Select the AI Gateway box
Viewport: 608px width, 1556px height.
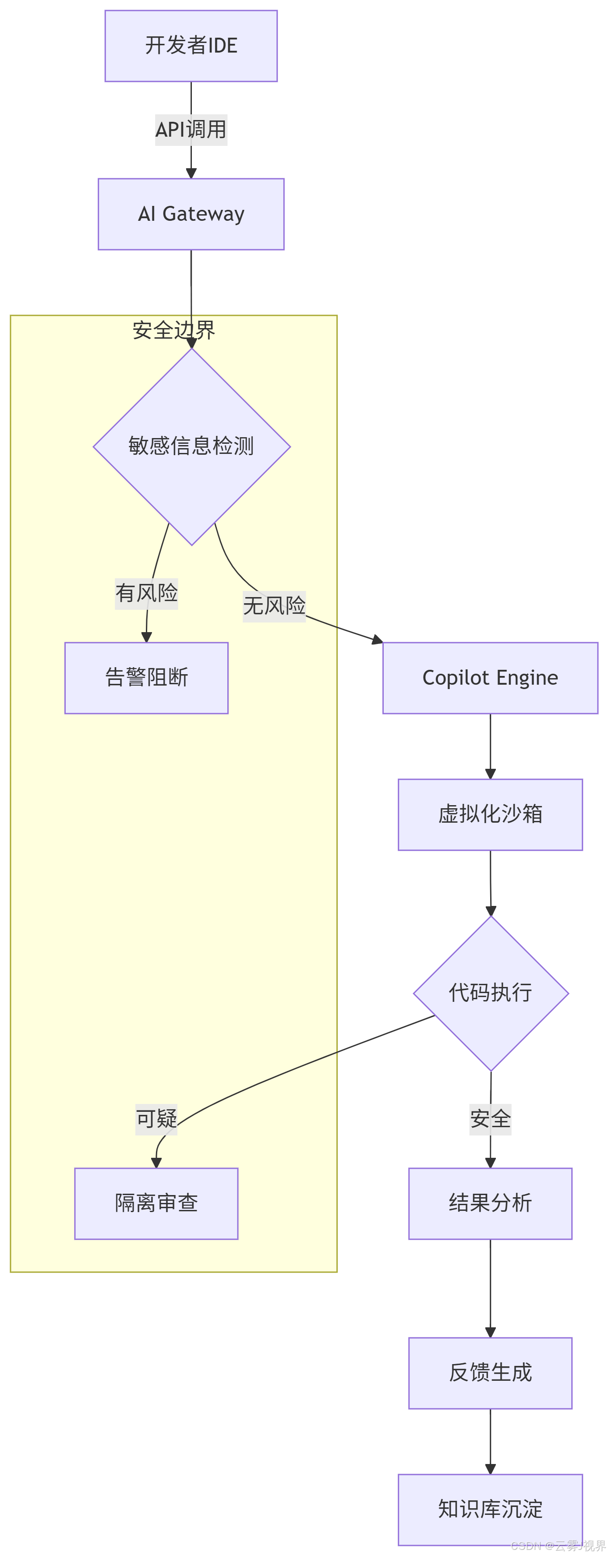(x=191, y=214)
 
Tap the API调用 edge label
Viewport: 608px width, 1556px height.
(x=191, y=129)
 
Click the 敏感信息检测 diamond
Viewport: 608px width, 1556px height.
(x=191, y=446)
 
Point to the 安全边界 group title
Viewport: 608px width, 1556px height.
(x=174, y=330)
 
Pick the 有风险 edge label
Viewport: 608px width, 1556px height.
(x=147, y=593)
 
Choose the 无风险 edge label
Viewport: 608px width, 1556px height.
(x=274, y=605)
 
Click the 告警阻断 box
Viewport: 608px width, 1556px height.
(x=147, y=678)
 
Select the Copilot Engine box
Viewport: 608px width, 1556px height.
(x=490, y=678)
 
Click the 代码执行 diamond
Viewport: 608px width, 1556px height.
(x=490, y=993)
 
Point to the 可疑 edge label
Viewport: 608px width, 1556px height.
(x=156, y=1119)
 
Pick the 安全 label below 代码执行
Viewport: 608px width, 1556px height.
(x=490, y=1119)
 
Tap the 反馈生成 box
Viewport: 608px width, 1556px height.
(x=490, y=1372)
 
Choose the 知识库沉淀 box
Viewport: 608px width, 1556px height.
(x=490, y=1509)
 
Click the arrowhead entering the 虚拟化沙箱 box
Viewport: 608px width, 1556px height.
(x=490, y=774)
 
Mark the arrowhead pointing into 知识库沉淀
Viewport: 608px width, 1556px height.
(x=490, y=1468)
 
